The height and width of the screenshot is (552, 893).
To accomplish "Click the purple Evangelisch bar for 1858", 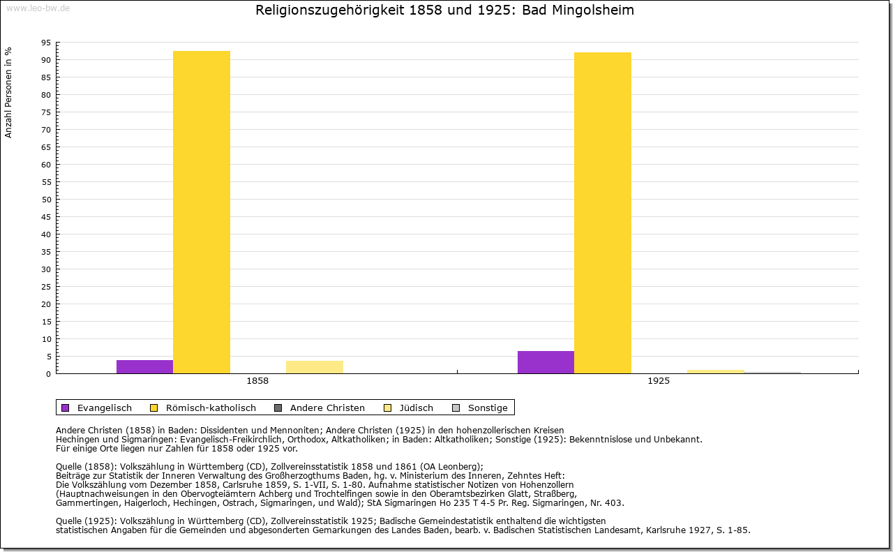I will click(144, 366).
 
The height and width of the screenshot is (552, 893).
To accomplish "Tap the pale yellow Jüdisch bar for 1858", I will click(315, 367).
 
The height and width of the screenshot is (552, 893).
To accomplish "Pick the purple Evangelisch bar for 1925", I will click(546, 362).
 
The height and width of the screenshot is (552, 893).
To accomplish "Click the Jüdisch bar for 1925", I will click(716, 371).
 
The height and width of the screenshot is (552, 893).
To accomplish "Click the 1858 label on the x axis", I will click(257, 382).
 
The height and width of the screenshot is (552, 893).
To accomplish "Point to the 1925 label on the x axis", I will click(659, 382).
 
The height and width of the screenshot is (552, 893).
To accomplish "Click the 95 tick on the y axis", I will click(46, 43).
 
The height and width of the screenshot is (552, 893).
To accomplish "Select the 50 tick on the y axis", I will click(46, 200).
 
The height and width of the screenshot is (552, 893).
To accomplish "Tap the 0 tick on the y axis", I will click(48, 374).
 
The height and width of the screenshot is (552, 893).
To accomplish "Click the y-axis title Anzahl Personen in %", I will click(8, 92).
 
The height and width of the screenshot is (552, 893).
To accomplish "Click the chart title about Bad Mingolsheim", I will click(445, 10).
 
